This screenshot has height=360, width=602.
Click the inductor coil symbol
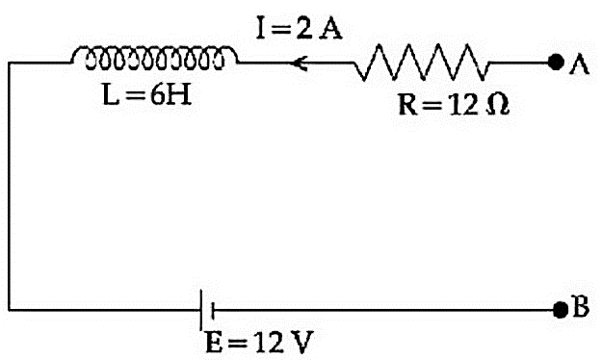pos(154,58)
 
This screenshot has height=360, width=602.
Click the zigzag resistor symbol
pos(422,62)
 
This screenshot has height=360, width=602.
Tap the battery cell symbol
pos(206,310)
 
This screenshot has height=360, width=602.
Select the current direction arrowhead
pos(300,63)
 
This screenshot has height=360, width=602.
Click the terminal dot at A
pos(556,63)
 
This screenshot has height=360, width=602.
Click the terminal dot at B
pos(561,310)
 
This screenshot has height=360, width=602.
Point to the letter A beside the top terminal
pos(579,64)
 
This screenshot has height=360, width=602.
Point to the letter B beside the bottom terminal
pos(581,306)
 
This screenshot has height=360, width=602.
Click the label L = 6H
pos(147,94)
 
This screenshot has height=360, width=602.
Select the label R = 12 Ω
pos(454,105)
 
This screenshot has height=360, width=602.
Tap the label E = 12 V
pos(259,342)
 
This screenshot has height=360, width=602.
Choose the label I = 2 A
pos(300,29)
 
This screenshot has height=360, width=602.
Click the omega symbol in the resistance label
pos(498,105)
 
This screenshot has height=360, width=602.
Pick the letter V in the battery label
pos(301,342)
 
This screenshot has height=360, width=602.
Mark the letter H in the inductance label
pos(179,94)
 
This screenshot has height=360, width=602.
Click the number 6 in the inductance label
pos(158,94)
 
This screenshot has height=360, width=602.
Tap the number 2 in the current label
pos(304,29)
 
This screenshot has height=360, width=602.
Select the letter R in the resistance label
pos(408,105)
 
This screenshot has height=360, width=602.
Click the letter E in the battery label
pos(214,342)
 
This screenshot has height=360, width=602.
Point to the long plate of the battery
pos(200,310)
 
